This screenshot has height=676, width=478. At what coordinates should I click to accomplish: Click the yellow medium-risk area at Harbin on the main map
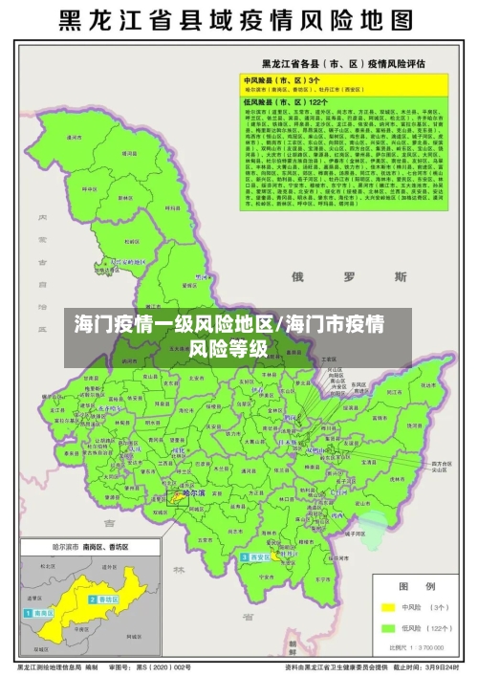179,496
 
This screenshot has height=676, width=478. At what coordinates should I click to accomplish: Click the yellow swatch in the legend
389,606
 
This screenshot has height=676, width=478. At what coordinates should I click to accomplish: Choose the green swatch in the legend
389,628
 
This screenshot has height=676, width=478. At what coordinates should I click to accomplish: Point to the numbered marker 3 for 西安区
245,556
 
